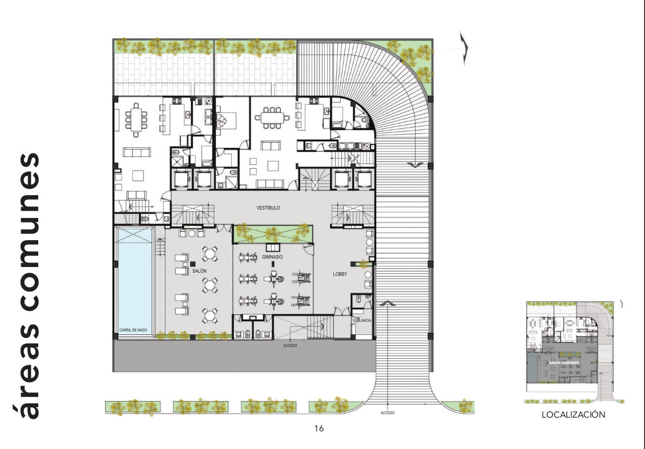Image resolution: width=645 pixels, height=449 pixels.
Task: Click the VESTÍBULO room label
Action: (268, 208)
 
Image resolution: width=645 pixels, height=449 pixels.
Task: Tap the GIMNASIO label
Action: (272, 257)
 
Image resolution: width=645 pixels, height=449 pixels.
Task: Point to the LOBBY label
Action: (340, 274)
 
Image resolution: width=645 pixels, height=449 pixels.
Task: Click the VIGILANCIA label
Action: (362, 321)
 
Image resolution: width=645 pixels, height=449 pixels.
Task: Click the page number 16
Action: (319, 428)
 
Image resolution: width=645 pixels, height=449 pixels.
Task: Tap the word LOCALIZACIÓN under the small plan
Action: (573, 415)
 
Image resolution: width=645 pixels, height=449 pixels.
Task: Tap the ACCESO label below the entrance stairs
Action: (290, 346)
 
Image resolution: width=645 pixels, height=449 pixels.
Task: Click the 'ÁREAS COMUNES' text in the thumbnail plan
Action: (564, 363)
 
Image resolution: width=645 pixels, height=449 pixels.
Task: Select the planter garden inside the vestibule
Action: (273, 232)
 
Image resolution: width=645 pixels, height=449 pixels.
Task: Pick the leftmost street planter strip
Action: (132, 407)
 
